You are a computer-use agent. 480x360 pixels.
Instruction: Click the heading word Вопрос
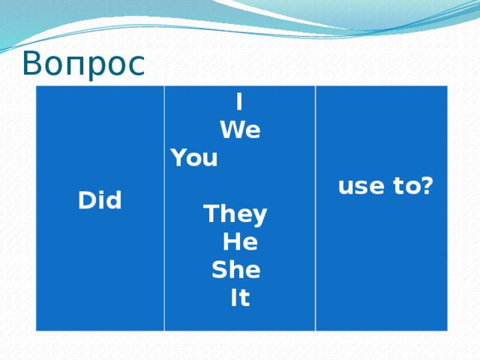click(82, 63)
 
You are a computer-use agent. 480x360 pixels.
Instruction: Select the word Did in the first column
click(100, 201)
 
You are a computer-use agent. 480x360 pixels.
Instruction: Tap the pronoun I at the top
click(238, 101)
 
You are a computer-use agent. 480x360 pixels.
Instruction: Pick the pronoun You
click(194, 159)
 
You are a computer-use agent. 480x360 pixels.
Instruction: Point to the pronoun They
click(235, 215)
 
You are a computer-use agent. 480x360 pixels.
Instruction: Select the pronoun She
click(235, 271)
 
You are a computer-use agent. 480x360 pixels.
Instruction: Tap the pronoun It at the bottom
click(240, 298)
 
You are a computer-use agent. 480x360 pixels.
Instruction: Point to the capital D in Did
click(85, 201)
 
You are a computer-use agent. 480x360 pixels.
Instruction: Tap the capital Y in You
click(178, 159)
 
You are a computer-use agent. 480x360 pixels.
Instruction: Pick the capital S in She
click(220, 271)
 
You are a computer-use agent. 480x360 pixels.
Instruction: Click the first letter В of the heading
click(33, 63)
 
